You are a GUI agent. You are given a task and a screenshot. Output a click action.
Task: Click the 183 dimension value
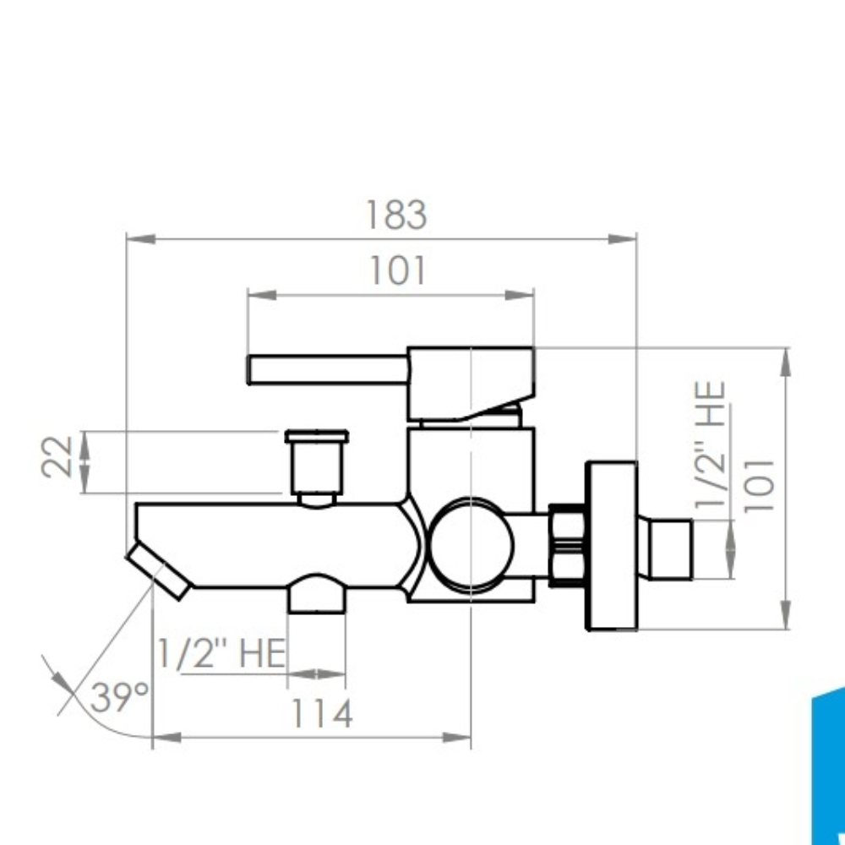396,215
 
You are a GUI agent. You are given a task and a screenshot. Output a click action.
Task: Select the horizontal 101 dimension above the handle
398,270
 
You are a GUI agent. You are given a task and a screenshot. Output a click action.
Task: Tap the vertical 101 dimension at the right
760,486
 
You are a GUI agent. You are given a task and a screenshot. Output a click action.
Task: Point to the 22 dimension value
57,457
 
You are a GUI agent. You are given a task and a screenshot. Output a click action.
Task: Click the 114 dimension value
322,713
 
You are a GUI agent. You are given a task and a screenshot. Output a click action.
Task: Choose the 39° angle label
119,697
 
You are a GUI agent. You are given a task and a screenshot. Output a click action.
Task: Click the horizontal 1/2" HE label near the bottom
221,653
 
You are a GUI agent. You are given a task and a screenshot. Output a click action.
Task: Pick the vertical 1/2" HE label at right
711,444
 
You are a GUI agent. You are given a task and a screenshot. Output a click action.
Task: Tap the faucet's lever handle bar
328,370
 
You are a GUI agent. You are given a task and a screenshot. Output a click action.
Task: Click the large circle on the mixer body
472,544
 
